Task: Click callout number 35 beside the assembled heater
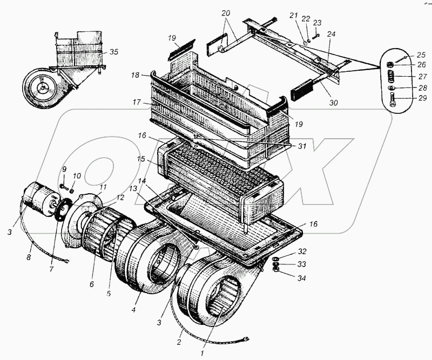click(x=113, y=52)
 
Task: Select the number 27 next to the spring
click(x=408, y=77)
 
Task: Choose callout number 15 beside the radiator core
click(x=142, y=160)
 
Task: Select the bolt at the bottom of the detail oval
click(x=393, y=100)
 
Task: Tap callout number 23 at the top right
click(x=317, y=23)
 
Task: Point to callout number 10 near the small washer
click(x=76, y=175)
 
